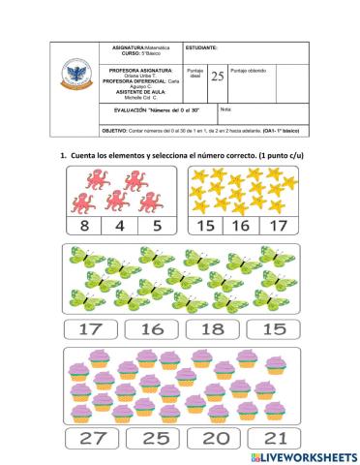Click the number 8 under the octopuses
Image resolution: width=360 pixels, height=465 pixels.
tap(84, 227)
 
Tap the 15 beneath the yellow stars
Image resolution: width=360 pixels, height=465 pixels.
tap(204, 227)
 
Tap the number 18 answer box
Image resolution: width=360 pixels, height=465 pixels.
tap(212, 328)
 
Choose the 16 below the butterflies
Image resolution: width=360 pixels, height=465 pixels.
tap(152, 328)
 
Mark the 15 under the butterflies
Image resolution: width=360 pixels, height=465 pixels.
tap(273, 328)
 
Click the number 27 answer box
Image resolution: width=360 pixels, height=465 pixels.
tap(93, 438)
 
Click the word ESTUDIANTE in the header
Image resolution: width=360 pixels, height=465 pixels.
tap(202, 47)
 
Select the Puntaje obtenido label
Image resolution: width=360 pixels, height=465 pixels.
tap(255, 71)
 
